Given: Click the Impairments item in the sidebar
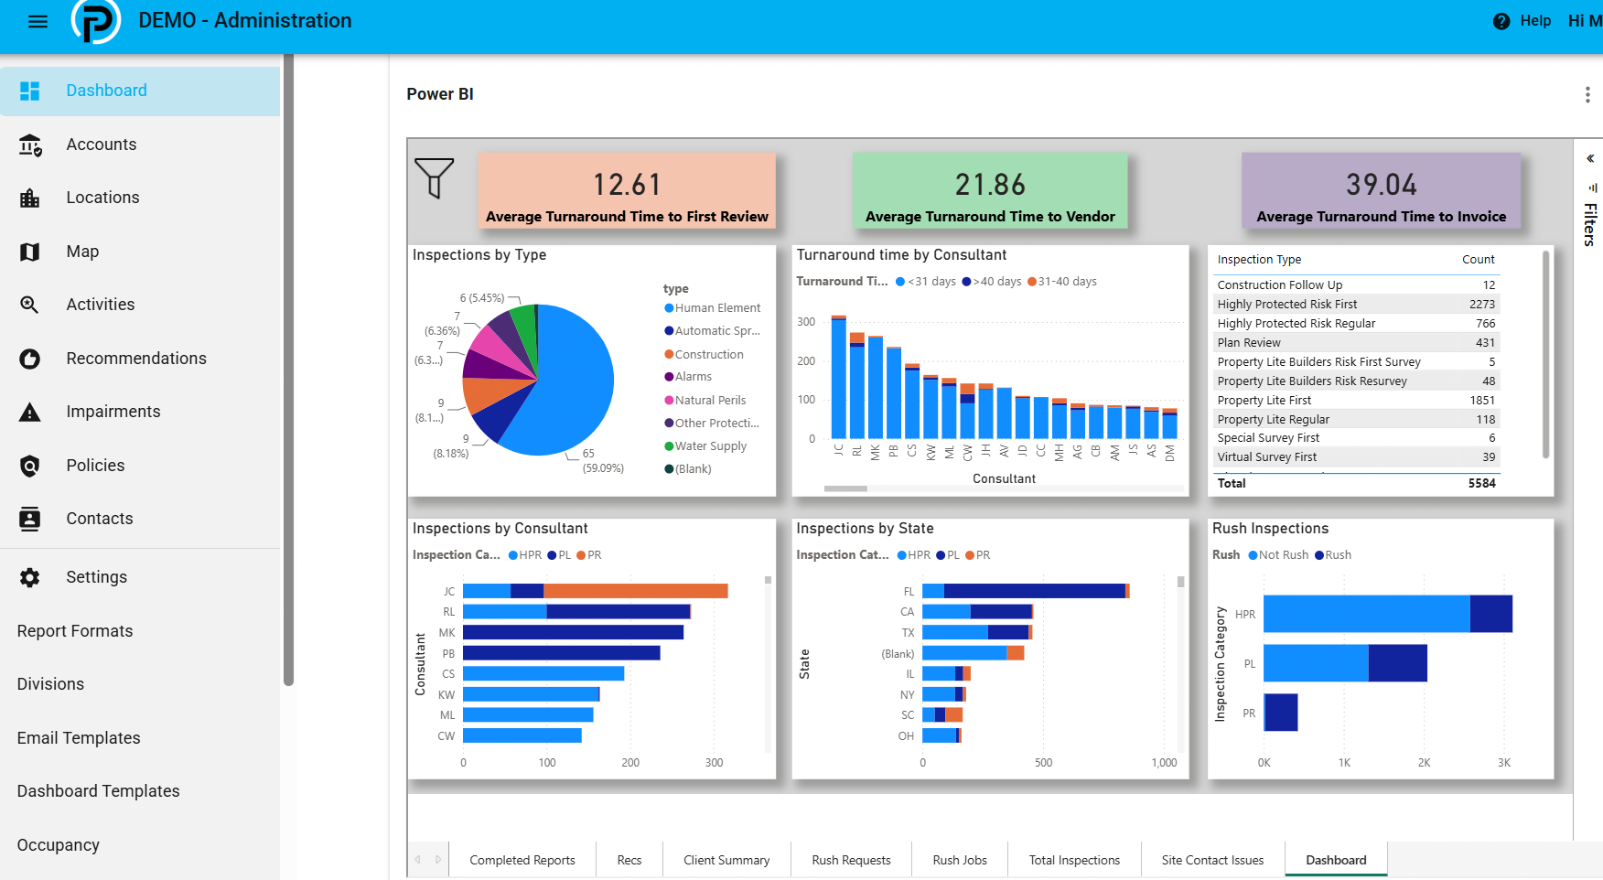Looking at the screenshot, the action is (x=113, y=412).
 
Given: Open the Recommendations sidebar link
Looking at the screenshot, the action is (x=136, y=359).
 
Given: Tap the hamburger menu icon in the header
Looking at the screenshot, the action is (x=38, y=21).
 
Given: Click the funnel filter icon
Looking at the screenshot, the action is (x=434, y=177).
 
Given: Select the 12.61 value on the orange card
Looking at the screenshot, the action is (x=627, y=185).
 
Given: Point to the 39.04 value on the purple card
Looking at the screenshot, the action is (x=1381, y=185).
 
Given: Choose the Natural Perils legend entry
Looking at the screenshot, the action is (x=705, y=401).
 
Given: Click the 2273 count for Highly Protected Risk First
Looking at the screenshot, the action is (x=1482, y=305).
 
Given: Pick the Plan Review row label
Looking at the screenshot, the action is (x=1249, y=343).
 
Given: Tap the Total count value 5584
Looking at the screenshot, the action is (x=1482, y=484).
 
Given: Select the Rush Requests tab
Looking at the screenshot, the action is (x=851, y=860).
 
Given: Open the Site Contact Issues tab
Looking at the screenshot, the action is (x=1212, y=860).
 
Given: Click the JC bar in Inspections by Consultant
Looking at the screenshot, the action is (x=596, y=591).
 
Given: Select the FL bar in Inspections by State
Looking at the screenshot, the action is (x=1026, y=591).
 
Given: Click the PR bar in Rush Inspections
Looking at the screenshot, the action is (x=1281, y=713).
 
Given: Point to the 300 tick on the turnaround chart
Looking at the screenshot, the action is (x=806, y=322).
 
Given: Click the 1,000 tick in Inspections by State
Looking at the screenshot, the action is (x=1165, y=763).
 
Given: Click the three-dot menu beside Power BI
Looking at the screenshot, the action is (x=1587, y=94).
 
